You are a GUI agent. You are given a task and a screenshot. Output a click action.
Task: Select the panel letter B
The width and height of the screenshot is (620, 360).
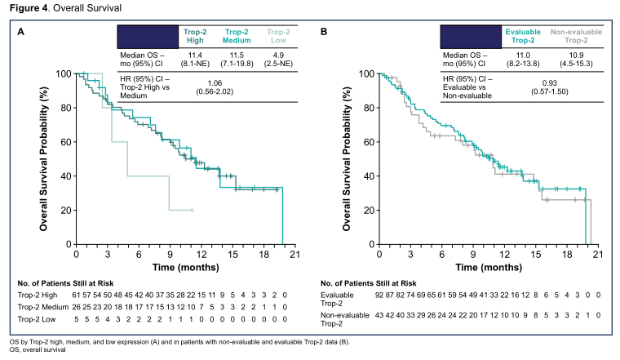tap(324, 32)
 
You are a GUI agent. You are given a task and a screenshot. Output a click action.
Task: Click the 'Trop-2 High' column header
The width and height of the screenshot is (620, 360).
tap(197, 36)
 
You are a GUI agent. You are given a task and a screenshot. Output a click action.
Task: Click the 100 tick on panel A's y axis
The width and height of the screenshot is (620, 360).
tap(61, 73)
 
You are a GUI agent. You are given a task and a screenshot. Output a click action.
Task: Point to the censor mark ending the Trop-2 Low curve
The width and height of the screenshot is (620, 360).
tap(192, 210)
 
